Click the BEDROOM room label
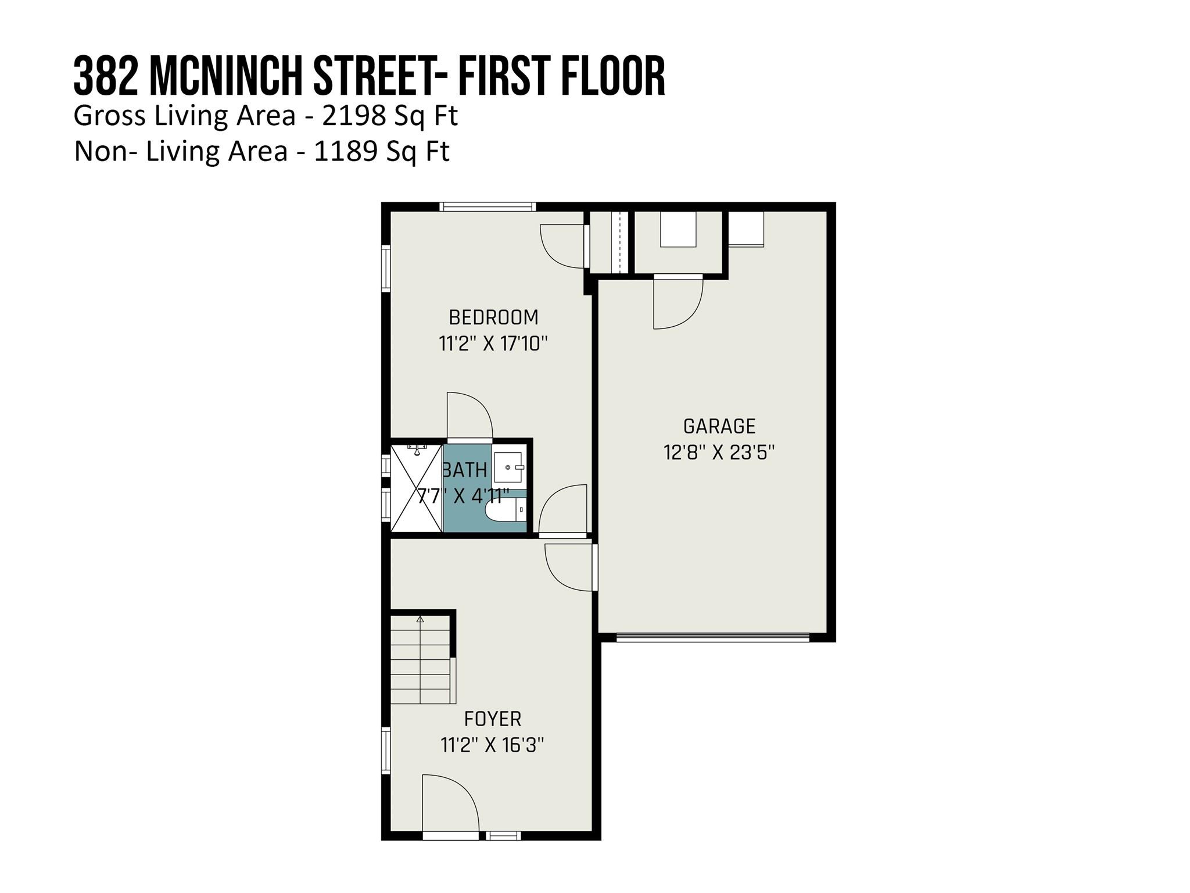493,317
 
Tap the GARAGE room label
719,426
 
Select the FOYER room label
493,719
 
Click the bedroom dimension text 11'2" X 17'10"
493,344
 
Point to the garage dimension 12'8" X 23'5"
719,452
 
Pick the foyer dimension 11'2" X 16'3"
493,745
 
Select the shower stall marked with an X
416,488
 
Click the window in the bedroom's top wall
487,206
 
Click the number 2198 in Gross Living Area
354,116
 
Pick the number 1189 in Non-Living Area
346,152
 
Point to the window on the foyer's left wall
385,750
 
